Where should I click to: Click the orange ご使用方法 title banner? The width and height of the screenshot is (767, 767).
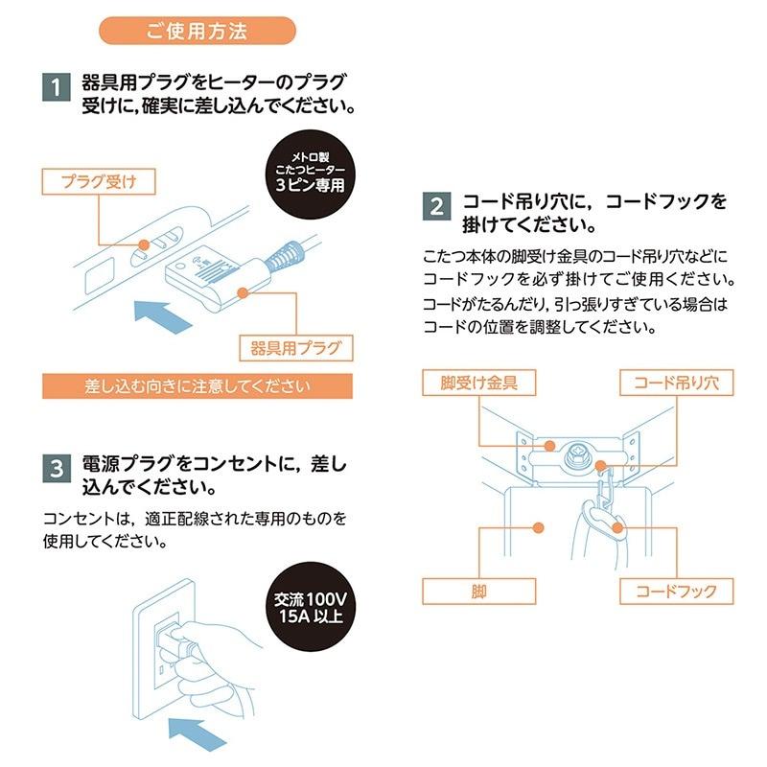(198, 31)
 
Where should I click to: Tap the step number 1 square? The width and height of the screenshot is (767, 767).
(57, 87)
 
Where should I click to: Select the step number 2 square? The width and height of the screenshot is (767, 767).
(437, 206)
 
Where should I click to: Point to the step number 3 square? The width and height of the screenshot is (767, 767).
(57, 468)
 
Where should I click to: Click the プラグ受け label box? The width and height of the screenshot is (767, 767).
(99, 181)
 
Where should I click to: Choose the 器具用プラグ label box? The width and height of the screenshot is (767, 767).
(296, 348)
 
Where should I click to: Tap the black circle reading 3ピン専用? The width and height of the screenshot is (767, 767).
(310, 174)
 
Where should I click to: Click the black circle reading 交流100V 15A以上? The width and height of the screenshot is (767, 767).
(310, 607)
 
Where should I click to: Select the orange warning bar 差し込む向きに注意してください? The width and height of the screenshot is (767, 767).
(198, 386)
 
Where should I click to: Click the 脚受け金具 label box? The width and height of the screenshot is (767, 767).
(478, 383)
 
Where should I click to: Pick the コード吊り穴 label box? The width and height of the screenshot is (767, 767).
(677, 383)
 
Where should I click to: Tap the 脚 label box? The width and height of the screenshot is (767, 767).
(478, 592)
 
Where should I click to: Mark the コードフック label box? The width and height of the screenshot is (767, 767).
(677, 592)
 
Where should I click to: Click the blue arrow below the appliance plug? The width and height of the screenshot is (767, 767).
(163, 316)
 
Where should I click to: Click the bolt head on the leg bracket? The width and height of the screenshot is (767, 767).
(578, 456)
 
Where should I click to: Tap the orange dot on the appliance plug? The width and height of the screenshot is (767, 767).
(244, 292)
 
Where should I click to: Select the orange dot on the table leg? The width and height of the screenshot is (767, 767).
(538, 527)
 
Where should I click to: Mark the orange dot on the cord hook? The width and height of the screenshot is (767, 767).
(617, 527)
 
